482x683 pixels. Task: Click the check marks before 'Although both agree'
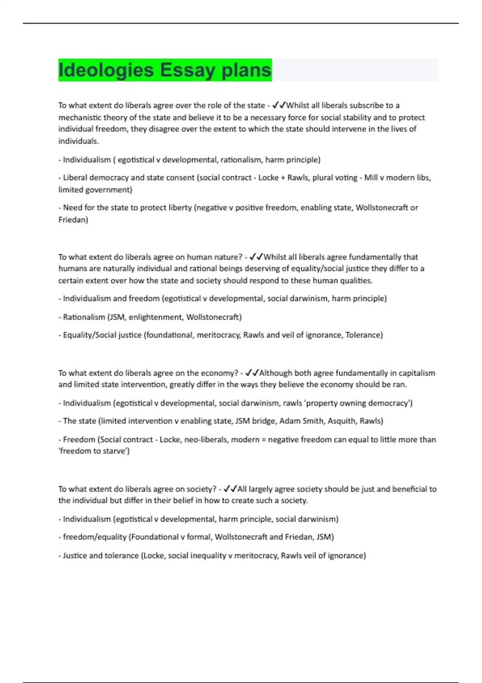point(251,373)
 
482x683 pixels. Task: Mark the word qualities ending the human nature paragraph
point(355,280)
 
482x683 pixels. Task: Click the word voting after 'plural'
point(345,178)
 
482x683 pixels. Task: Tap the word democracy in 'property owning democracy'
point(389,403)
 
